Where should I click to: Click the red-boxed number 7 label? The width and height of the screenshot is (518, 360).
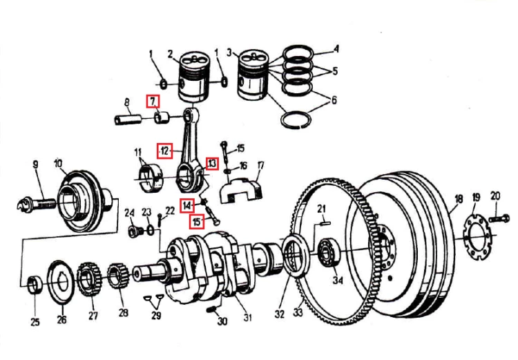[153, 101]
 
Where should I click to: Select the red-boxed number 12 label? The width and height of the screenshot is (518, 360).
[164, 151]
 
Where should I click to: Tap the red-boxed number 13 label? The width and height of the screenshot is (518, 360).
[212, 163]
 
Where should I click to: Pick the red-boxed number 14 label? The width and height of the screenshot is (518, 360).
[187, 206]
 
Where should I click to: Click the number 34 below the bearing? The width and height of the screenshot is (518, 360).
[338, 280]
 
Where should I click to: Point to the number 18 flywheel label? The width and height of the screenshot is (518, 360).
[459, 199]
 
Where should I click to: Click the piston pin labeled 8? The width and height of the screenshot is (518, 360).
[128, 120]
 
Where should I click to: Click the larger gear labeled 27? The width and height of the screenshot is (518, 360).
[88, 278]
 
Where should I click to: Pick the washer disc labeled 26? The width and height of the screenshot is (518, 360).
[61, 282]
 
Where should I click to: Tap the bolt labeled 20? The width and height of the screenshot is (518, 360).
[498, 218]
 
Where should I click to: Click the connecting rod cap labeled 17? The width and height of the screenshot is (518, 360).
[240, 190]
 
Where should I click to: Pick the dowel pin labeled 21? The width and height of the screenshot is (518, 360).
[325, 222]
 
